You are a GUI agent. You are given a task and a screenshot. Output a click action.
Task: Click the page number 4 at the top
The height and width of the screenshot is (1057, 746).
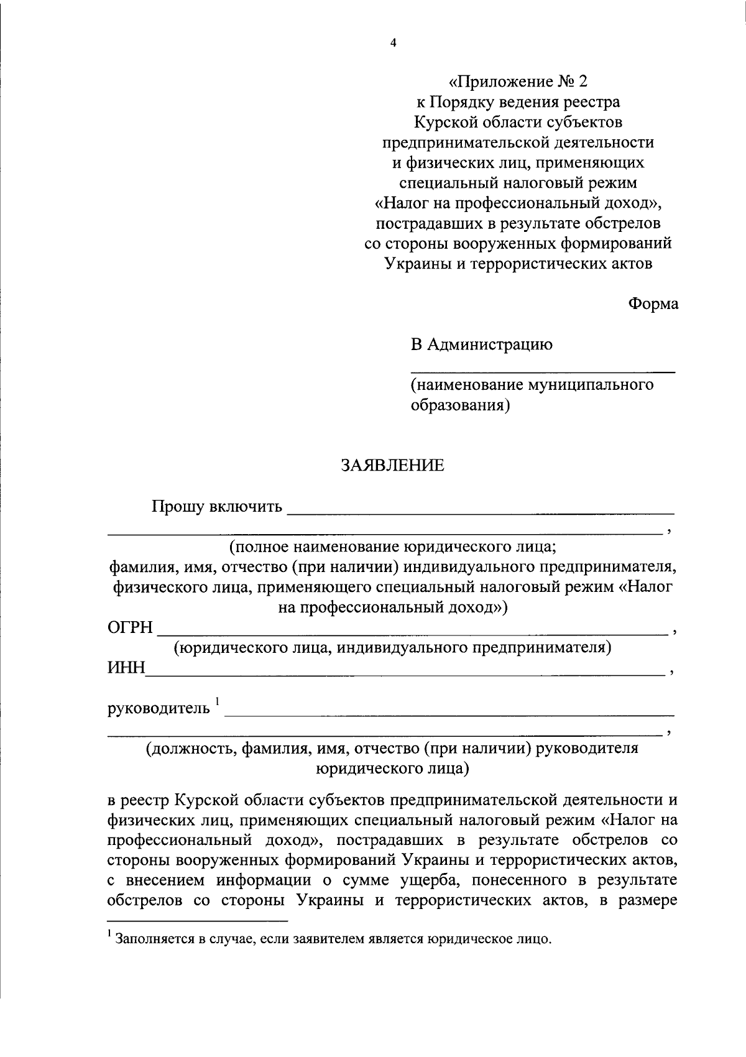392,43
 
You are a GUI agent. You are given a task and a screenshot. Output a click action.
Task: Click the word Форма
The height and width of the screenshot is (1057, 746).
653,304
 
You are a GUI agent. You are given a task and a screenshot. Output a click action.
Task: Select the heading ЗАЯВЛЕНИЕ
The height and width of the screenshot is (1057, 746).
392,465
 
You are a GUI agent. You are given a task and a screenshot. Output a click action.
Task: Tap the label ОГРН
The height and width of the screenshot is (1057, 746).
131,628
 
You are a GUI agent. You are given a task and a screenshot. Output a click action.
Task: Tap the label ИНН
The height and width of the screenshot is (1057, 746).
126,668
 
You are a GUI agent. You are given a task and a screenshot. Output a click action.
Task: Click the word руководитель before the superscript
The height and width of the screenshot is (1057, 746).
159,708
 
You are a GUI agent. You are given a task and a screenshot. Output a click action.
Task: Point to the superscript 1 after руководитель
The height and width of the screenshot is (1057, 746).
218,702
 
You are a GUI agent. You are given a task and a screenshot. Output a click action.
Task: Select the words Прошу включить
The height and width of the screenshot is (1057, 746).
218,507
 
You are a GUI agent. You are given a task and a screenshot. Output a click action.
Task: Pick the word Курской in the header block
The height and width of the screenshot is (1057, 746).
444,122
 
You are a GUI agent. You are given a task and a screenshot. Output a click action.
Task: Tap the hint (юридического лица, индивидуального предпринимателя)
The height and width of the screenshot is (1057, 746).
392,648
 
